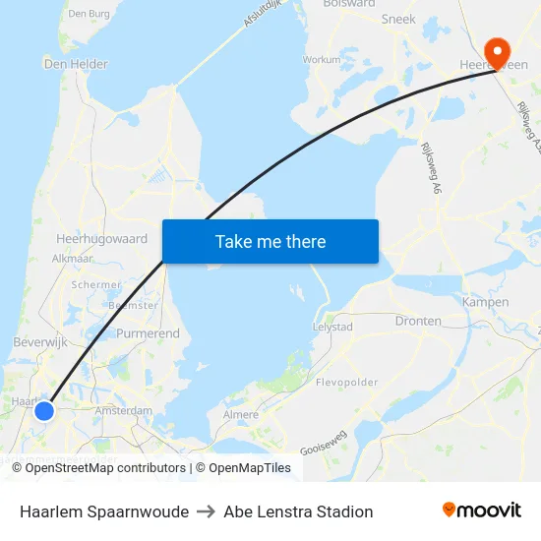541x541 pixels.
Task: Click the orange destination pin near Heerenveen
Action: (x=497, y=52)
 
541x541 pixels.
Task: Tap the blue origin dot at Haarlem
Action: (x=44, y=410)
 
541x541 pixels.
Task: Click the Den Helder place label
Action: (x=76, y=64)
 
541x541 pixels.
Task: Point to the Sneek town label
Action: (x=397, y=19)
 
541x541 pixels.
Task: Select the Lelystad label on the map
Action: (x=331, y=326)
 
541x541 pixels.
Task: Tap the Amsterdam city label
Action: (x=123, y=410)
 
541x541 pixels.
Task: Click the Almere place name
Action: (x=240, y=415)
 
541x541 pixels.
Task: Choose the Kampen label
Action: (x=485, y=302)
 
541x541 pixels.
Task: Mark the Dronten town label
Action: (x=418, y=321)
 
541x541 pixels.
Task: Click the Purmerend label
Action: (x=149, y=333)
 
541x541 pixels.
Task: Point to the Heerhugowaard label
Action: (x=101, y=239)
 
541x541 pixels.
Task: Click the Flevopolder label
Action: (x=346, y=381)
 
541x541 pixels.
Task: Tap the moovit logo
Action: (x=481, y=511)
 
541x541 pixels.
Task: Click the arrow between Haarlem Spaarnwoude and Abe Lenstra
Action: (x=206, y=511)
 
